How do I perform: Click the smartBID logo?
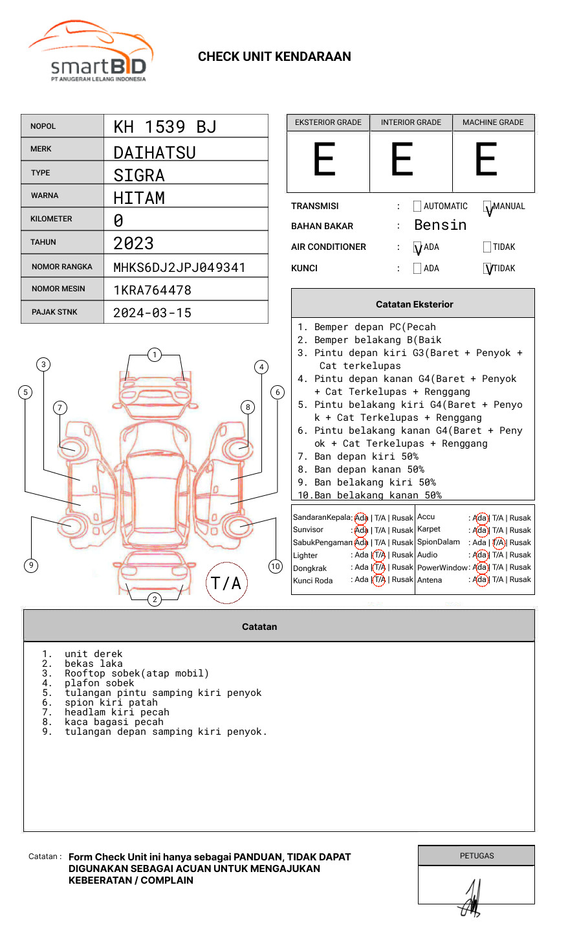click(x=91, y=52)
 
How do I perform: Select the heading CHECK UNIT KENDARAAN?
click(x=274, y=57)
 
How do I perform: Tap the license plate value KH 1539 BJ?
click(x=165, y=127)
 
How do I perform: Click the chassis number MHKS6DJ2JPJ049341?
click(x=179, y=267)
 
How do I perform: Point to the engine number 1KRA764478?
click(x=152, y=290)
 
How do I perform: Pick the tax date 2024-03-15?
click(x=152, y=313)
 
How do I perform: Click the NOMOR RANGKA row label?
click(x=62, y=267)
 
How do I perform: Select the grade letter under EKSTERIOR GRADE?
click(x=325, y=160)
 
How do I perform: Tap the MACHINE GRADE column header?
click(x=493, y=122)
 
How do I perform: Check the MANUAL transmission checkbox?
click(x=488, y=207)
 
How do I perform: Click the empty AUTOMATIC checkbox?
click(x=417, y=207)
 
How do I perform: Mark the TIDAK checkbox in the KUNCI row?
click(x=488, y=269)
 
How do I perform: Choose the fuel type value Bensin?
click(x=440, y=225)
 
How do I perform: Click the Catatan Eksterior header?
click(x=414, y=304)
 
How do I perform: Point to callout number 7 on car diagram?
click(x=60, y=407)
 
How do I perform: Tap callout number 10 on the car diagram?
click(x=276, y=566)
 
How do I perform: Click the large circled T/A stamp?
click(x=226, y=583)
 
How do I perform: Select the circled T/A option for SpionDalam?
click(x=498, y=543)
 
